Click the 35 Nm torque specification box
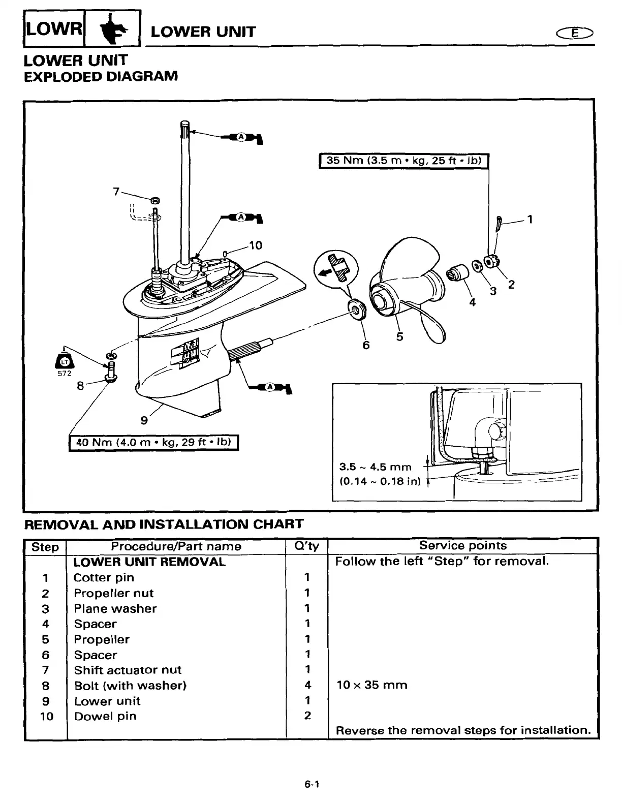(403, 161)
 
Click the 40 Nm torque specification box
(153, 442)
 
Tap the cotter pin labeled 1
(499, 222)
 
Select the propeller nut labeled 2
(491, 262)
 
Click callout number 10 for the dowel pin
(255, 246)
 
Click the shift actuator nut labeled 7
(155, 200)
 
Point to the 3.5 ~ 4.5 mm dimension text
(375, 467)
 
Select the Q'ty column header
(307, 546)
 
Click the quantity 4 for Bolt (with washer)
(307, 685)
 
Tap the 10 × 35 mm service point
(372, 685)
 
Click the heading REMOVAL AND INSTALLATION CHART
(164, 524)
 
